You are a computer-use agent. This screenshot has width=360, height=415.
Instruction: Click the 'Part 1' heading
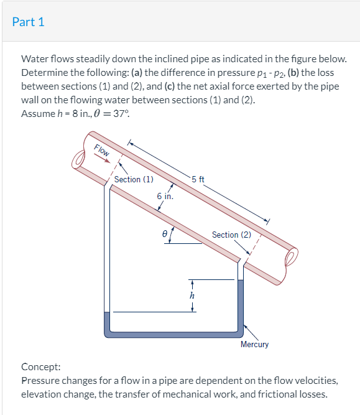(29, 22)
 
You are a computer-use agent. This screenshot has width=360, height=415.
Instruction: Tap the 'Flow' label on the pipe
(102, 151)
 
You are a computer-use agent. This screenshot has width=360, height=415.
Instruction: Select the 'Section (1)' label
(134, 179)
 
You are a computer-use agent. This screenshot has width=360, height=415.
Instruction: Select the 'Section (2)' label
(231, 235)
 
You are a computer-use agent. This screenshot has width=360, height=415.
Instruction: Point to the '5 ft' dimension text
(198, 180)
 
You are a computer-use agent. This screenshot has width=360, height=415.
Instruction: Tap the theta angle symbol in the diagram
(164, 235)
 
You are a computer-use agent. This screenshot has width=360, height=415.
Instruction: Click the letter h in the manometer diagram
(192, 296)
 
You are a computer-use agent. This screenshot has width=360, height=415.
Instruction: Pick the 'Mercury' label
(254, 344)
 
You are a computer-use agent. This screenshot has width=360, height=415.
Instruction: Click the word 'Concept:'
(40, 367)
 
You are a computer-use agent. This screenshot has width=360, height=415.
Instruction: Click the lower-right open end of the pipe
(289, 256)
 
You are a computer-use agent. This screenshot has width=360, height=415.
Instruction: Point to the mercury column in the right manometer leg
(240, 305)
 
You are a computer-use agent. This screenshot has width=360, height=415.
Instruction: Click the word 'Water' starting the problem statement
(34, 58)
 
